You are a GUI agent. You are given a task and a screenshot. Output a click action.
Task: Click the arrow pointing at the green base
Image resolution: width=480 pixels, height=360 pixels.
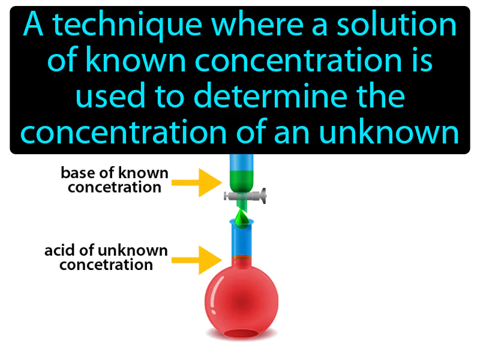199,182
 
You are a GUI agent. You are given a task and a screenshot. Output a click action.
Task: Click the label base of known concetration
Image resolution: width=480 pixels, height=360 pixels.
115,180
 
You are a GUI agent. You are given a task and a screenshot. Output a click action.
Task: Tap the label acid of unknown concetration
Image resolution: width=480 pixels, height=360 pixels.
106,257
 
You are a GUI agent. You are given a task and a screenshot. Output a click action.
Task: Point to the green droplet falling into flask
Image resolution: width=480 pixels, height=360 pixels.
241,219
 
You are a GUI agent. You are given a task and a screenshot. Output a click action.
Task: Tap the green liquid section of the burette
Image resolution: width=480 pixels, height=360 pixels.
242,179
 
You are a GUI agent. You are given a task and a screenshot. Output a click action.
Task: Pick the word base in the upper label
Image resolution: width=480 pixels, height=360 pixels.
74,173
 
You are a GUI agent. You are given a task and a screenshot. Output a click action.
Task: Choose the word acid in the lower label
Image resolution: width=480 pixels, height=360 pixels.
58,250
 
